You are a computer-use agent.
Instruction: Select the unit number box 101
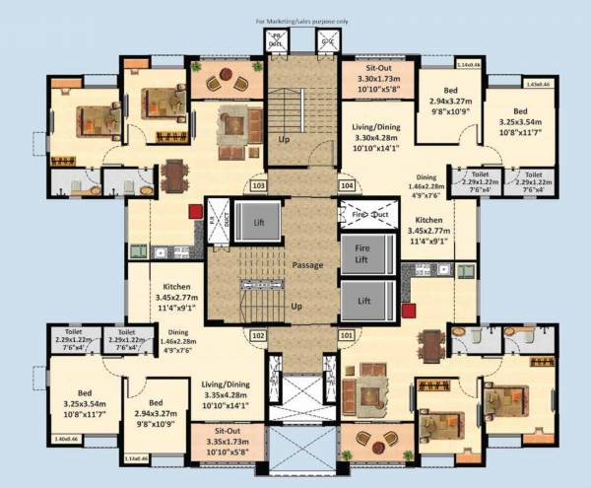pos(347,335)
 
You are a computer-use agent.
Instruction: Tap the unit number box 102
pos(258,335)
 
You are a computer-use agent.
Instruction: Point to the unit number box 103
pos(258,184)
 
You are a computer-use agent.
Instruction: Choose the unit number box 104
pos(347,184)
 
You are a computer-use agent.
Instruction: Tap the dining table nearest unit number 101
pos(430,343)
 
